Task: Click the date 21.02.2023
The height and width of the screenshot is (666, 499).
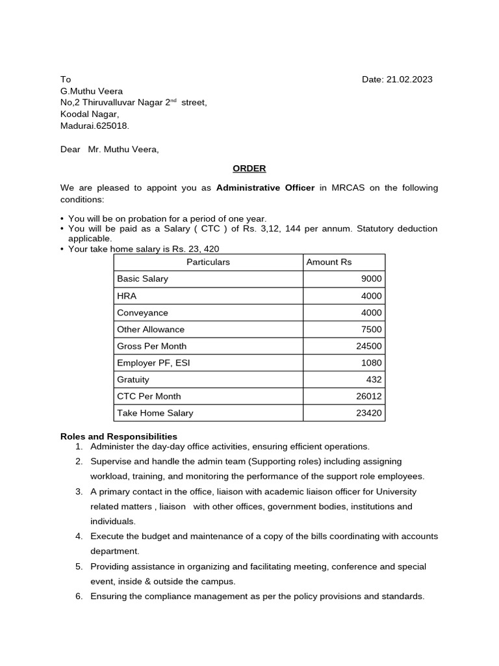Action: [409, 79]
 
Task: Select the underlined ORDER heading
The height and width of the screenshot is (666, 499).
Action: [249, 168]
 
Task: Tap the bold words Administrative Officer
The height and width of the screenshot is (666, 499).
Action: [265, 188]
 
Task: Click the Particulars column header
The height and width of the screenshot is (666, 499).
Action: [208, 262]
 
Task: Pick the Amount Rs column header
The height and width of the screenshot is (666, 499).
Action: [329, 262]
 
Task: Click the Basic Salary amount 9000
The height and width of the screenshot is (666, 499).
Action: [372, 279]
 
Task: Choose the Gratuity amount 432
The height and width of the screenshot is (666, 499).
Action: [374, 380]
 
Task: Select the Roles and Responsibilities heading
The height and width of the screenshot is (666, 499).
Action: [119, 436]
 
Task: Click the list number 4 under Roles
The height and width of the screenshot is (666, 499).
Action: [79, 537]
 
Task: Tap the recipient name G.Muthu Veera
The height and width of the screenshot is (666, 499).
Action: [92, 91]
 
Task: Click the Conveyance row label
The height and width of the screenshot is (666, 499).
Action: [142, 313]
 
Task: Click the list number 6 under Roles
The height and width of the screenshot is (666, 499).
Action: [79, 596]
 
